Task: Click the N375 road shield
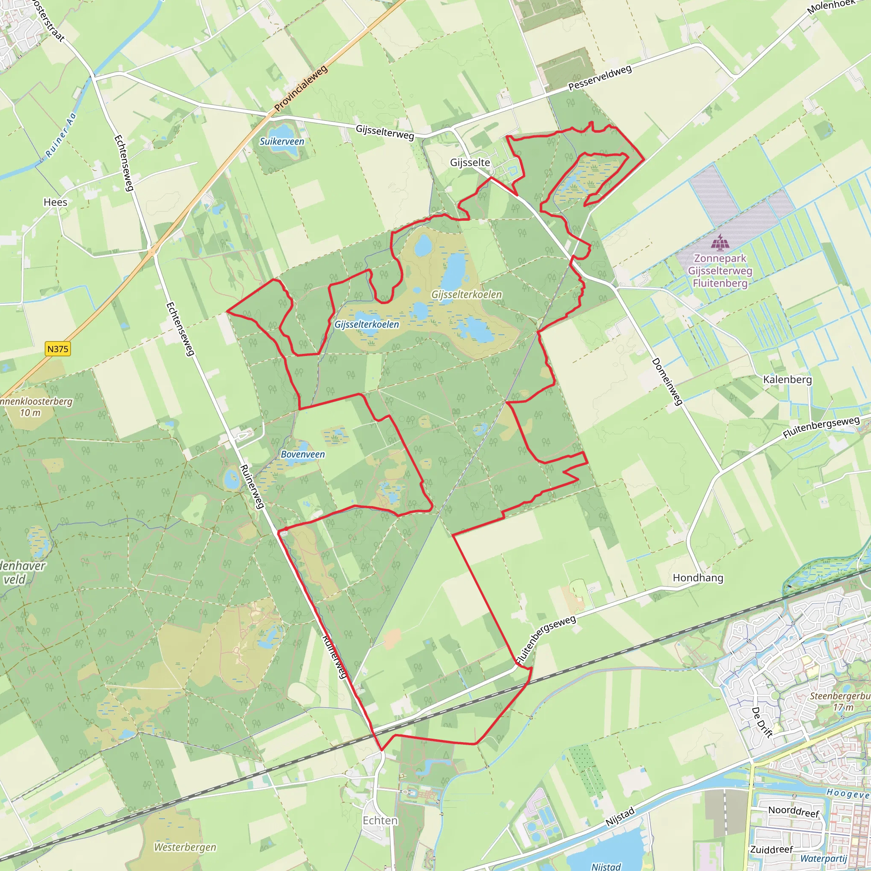pos(58,349)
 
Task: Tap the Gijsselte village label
pos(470,162)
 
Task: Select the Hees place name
pos(55,202)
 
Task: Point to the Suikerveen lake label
pos(282,142)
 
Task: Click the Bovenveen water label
pos(302,455)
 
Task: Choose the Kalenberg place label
pos(787,380)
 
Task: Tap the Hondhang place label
pos(698,578)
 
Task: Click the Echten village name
pos(380,820)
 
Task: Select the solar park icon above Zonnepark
pos(720,242)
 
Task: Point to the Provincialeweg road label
pos(301,89)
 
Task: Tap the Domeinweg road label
pos(667,382)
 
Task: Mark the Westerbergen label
pos(185,847)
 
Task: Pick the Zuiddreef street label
pos(771,849)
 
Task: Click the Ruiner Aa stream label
pos(61,135)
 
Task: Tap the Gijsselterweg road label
pos(384,132)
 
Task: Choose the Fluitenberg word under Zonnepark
pos(720,284)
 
